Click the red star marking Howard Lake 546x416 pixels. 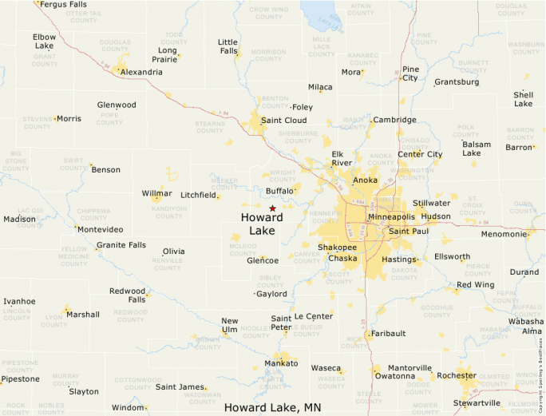[272, 208]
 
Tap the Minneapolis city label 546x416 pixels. [391, 217]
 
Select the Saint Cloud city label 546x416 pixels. [283, 121]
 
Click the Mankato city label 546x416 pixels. [281, 363]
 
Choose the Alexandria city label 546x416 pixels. [140, 72]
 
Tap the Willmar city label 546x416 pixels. [156, 193]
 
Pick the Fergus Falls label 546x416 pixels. [63, 4]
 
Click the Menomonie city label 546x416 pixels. [504, 235]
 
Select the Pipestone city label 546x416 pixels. [19, 378]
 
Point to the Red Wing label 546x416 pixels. [476, 285]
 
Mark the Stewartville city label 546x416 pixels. [477, 403]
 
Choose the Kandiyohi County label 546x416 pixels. [168, 212]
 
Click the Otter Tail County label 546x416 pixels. [89, 17]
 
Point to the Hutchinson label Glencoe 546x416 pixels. [263, 260]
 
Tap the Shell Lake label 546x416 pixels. [523, 99]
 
